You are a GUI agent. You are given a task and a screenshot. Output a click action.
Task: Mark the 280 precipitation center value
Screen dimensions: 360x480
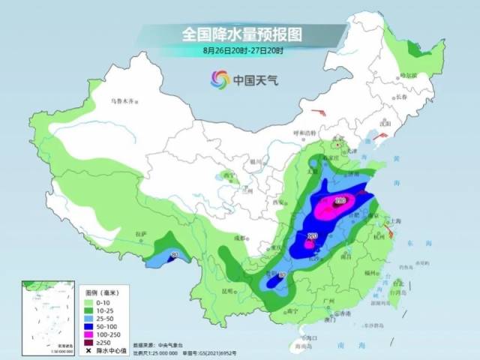pyautogui.click(x=340, y=201)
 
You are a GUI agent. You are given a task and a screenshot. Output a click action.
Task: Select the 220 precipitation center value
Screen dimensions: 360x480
pyautogui.click(x=312, y=236)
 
